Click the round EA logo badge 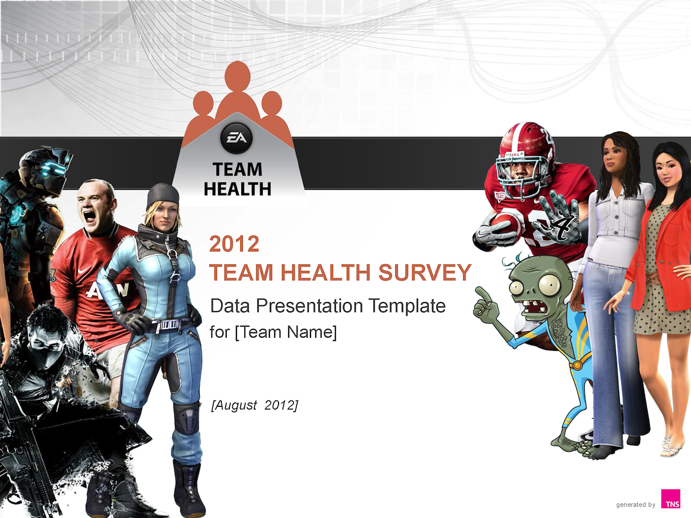click(236, 138)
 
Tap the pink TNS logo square click(670, 499)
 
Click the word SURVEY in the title click(425, 272)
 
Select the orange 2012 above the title click(234, 244)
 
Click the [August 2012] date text click(254, 405)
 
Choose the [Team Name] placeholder click(286, 332)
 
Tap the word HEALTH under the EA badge click(238, 189)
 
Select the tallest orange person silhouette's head click(238, 76)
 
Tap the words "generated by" click(635, 505)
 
